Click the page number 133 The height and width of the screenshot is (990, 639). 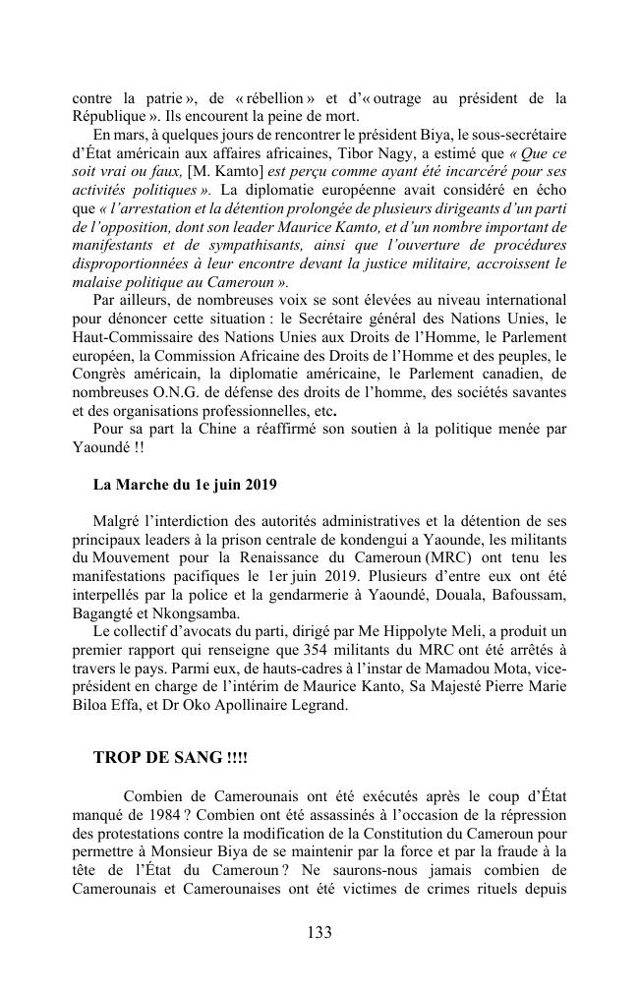point(319,932)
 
